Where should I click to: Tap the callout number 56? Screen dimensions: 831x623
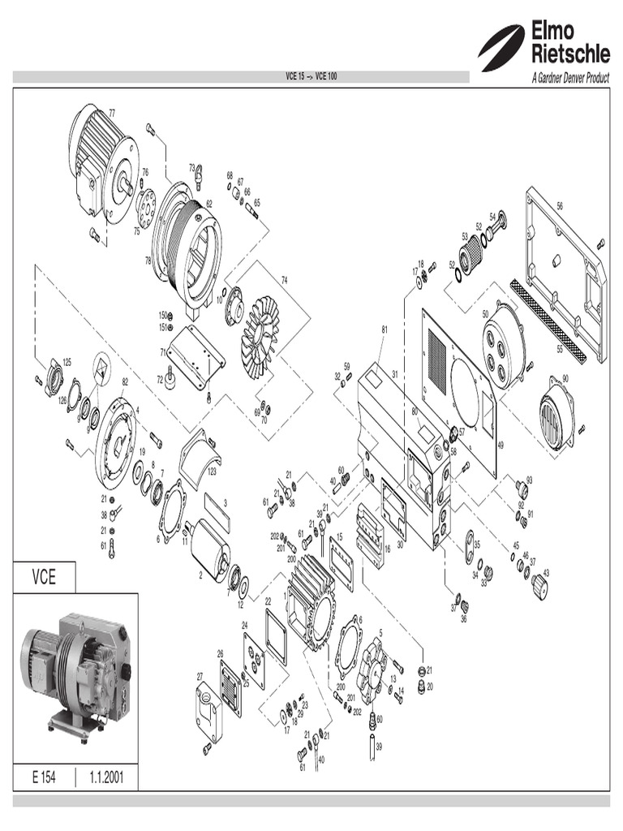pos(559,205)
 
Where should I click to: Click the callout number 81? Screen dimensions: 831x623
pos(385,329)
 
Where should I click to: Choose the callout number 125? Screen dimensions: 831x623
pos(67,361)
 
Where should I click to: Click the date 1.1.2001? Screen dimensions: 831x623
pos(106,777)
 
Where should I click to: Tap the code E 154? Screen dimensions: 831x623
pos(44,777)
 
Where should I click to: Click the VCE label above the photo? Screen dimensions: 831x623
pos(44,578)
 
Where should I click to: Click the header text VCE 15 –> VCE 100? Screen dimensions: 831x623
pos(311,77)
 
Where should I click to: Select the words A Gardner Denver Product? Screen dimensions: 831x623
pos(569,79)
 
